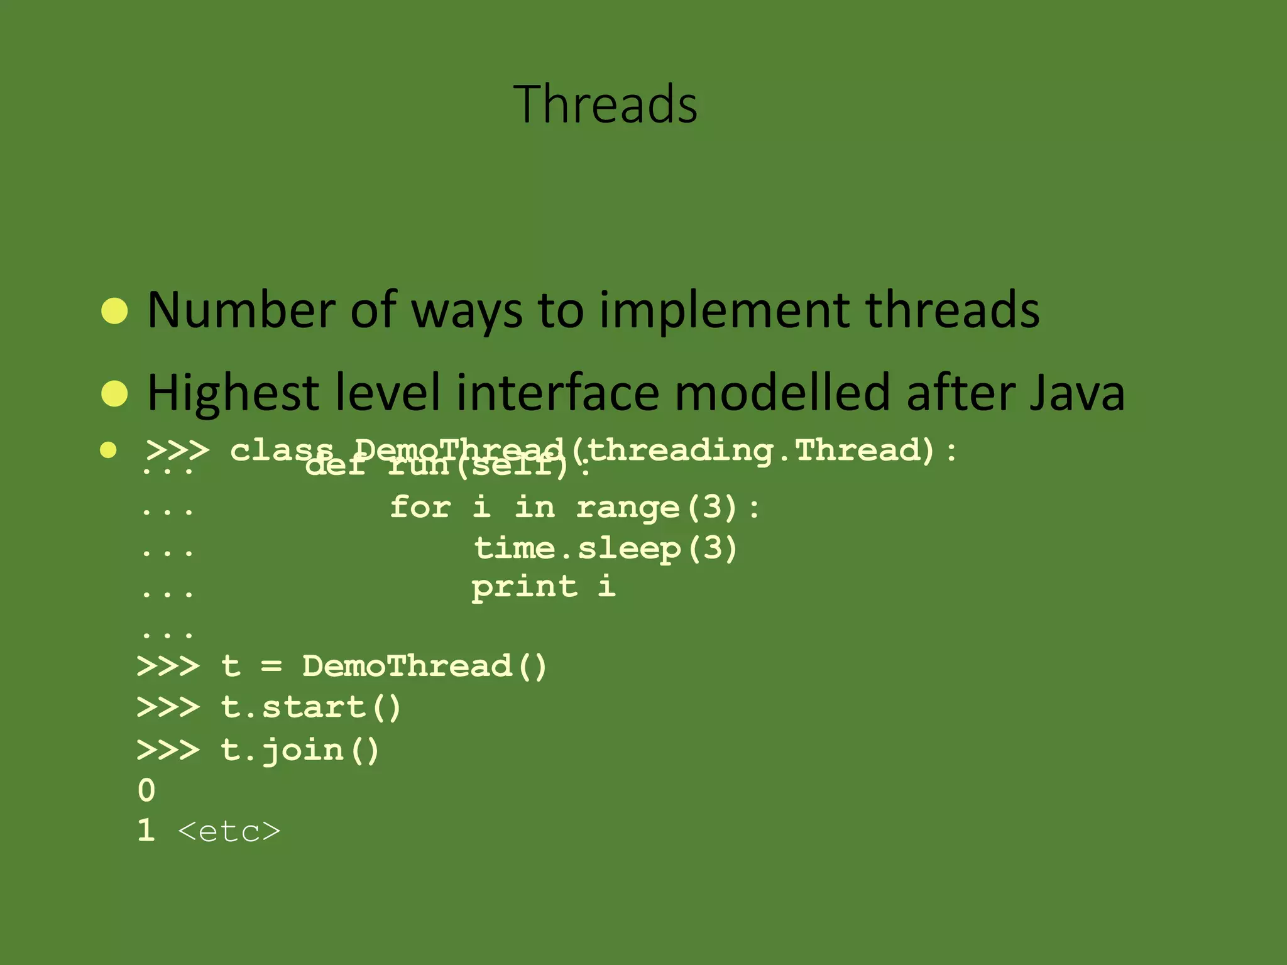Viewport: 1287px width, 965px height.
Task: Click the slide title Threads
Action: coord(605,104)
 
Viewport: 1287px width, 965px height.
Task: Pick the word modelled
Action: coord(782,393)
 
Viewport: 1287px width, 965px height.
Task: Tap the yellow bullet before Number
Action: coord(114,310)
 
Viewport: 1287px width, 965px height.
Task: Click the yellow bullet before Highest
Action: coord(114,393)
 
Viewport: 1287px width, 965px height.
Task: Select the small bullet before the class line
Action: coord(108,450)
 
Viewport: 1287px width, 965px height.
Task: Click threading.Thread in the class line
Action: coord(760,450)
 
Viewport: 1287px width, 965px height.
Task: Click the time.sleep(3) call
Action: coord(605,548)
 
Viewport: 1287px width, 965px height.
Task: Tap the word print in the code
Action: coord(524,587)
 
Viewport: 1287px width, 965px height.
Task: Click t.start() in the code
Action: coord(310,708)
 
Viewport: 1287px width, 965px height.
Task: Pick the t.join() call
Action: coord(300,750)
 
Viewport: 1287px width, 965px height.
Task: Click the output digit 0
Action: coord(146,790)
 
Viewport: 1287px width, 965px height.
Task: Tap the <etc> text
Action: coord(229,832)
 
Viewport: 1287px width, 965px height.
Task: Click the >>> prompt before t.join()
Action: coord(168,750)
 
